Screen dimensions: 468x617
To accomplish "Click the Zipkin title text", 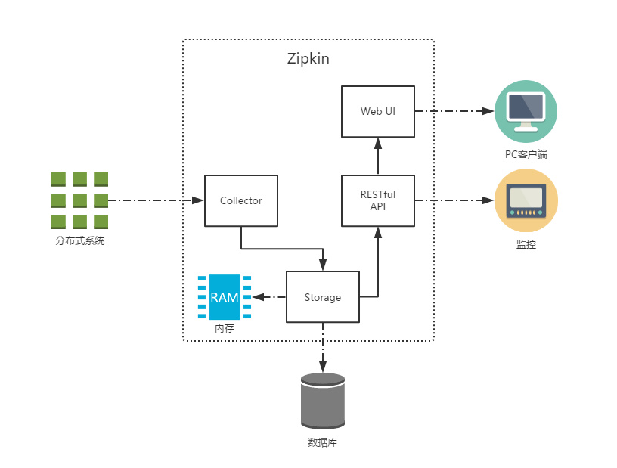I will pyautogui.click(x=308, y=58).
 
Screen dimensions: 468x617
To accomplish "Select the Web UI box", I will pyautogui.click(x=378, y=111).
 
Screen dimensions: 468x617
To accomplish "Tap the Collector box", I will pyautogui.click(x=241, y=200).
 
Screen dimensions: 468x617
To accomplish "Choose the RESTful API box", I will pyautogui.click(x=378, y=200).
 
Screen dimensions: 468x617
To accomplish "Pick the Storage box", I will pyautogui.click(x=323, y=297).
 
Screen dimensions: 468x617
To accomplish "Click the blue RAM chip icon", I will pyautogui.click(x=225, y=297).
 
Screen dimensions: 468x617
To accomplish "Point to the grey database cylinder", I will pyautogui.click(x=323, y=401).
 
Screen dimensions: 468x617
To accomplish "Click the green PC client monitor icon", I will pyautogui.click(x=526, y=110).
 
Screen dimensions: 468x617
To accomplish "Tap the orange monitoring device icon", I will pyautogui.click(x=526, y=200).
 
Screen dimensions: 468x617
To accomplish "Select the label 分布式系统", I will pyautogui.click(x=79, y=242).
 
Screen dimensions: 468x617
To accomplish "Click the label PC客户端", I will pyautogui.click(x=526, y=154).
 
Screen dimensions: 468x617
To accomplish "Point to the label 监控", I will pyautogui.click(x=526, y=245).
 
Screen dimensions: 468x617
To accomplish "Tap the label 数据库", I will pyautogui.click(x=323, y=442).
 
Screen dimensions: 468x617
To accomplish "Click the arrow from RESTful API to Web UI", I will pyautogui.click(x=378, y=157).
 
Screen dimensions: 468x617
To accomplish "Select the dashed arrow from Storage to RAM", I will pyautogui.click(x=268, y=297).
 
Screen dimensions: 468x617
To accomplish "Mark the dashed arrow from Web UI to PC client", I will pyautogui.click(x=454, y=111).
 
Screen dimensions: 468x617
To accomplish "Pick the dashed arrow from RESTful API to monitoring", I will pyautogui.click(x=454, y=200).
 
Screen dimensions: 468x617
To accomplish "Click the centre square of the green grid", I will pyautogui.click(x=79, y=200).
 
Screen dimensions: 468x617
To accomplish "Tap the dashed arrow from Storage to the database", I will pyautogui.click(x=323, y=348).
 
